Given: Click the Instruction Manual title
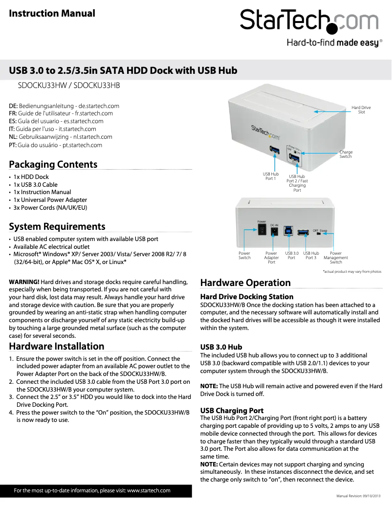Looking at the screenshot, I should pos(52,13).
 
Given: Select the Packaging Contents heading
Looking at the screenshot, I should pos(53,164).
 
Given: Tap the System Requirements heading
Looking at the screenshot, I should pos(57,226).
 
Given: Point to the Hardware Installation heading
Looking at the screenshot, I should pos(57,346).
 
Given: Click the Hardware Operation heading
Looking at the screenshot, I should pos(245,283).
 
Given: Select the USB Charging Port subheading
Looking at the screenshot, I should pos(232,410).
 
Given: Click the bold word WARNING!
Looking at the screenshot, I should pos(24,282).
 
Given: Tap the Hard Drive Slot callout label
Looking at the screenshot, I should pos(361,110).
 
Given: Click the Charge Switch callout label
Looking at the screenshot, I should pos(346,154).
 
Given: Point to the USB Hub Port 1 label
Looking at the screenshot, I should pos(270,176).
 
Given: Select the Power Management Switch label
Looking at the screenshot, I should pos(336,258).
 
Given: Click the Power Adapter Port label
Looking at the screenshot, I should pos(271,258).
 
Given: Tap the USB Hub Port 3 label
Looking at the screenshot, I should pos(311,255).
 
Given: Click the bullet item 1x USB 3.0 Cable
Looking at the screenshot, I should pos(35,185).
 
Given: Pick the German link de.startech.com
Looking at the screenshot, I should pos(99,106).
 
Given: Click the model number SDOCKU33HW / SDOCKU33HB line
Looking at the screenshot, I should pos(69,85).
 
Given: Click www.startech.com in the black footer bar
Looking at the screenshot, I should pos(149,490).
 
